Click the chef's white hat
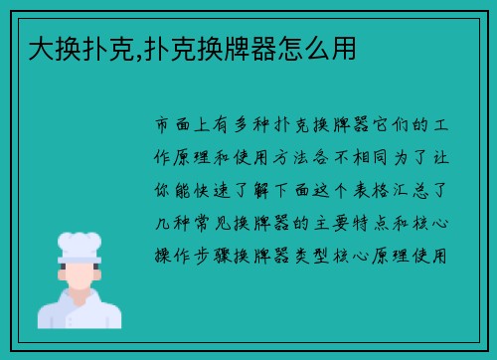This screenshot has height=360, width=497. coord(80,245)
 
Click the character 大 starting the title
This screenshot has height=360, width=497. coord(41,47)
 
